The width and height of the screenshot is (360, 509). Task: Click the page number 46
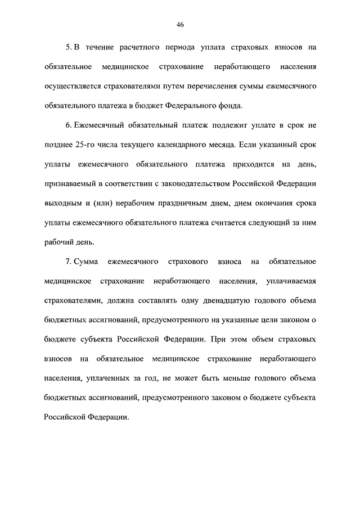[x=180, y=25]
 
